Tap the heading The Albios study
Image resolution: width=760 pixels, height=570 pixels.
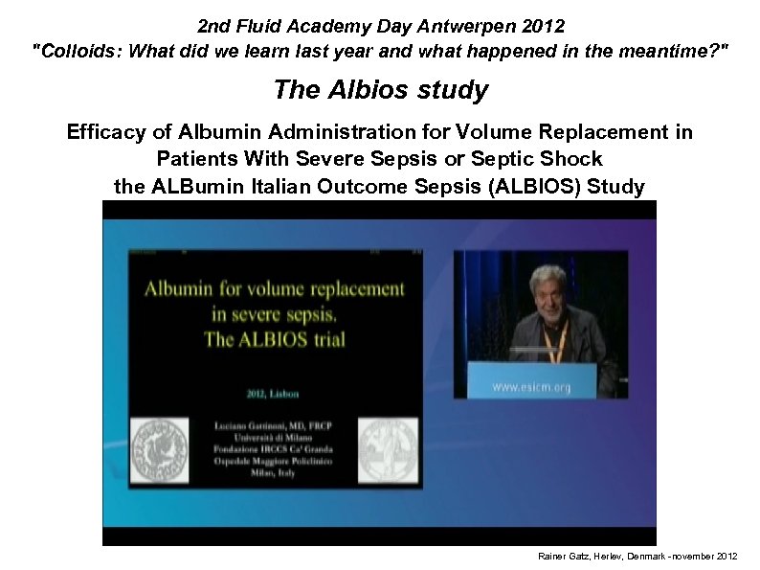tap(380, 90)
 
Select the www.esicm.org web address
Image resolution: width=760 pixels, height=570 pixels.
tap(532, 388)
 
